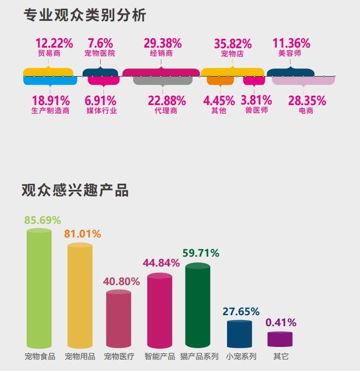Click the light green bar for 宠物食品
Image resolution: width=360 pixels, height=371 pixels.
(x=39, y=290)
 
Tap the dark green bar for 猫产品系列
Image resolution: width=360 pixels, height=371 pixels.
(x=198, y=306)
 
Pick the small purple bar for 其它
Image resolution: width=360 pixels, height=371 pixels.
(x=280, y=339)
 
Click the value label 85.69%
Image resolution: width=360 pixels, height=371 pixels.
(x=42, y=221)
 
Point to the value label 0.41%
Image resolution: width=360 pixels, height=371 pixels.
(x=281, y=322)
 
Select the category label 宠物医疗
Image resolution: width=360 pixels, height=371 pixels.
(x=119, y=357)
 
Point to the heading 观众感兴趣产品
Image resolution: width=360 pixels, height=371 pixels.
(x=75, y=190)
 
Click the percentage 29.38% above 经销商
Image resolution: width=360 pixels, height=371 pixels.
(x=162, y=43)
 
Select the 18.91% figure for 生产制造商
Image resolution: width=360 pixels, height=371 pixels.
(x=51, y=101)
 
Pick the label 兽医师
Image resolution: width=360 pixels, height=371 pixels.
(x=257, y=110)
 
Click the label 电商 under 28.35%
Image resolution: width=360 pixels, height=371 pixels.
(x=306, y=110)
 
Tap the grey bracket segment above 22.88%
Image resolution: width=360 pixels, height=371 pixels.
(x=162, y=81)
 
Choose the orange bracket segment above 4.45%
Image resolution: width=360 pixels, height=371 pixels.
(x=220, y=81)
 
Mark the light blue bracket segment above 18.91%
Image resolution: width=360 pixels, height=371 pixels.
(x=50, y=81)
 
